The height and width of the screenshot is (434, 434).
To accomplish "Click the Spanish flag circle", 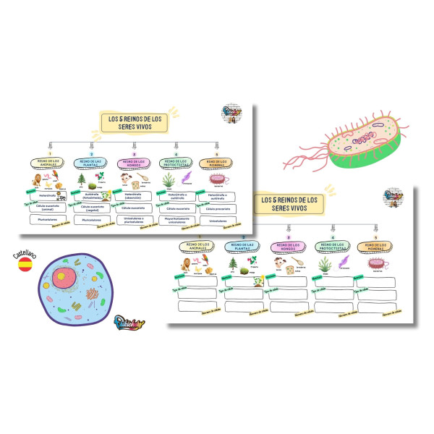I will coord(23,265).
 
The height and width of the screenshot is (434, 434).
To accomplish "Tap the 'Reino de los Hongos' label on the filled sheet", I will coord(135,163).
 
